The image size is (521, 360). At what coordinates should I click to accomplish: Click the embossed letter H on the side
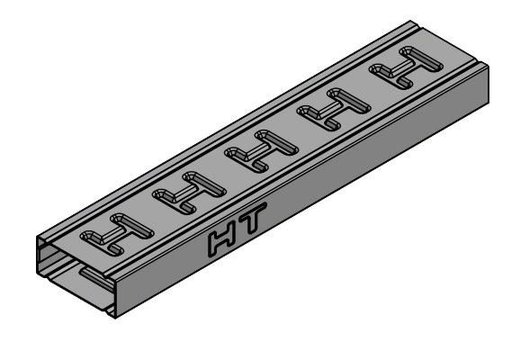pyautogui.click(x=222, y=240)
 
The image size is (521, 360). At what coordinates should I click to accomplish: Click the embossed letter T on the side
pyautogui.click(x=253, y=217)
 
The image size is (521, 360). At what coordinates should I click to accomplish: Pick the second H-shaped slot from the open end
pyautogui.click(x=189, y=193)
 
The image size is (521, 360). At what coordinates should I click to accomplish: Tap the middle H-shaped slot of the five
pyautogui.click(x=262, y=151)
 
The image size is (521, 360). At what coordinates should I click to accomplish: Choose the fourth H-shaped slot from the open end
pyautogui.click(x=334, y=110)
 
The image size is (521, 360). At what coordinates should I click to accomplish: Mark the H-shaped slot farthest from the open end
pyautogui.click(x=406, y=67)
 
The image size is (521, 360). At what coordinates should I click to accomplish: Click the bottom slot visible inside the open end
pyautogui.click(x=96, y=278)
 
